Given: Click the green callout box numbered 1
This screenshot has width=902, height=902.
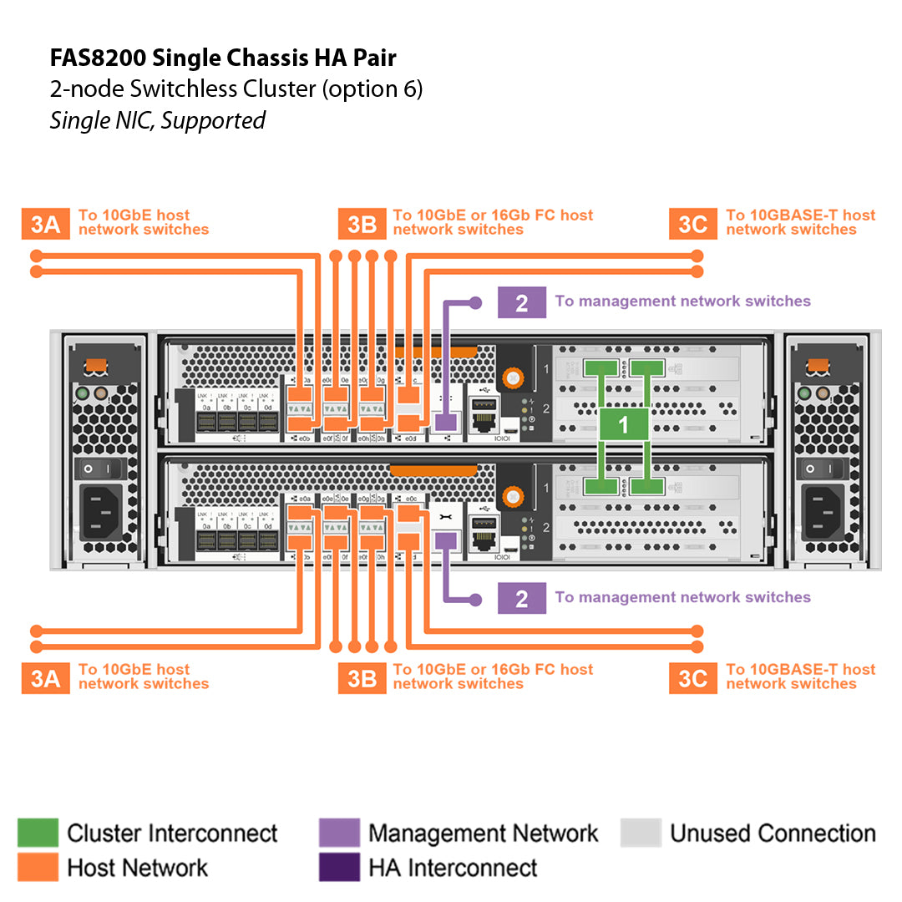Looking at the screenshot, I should pyautogui.click(x=623, y=425).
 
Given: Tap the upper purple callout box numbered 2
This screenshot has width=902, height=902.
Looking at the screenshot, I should pyautogui.click(x=521, y=302).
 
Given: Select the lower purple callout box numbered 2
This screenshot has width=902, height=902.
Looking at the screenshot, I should pyautogui.click(x=521, y=598).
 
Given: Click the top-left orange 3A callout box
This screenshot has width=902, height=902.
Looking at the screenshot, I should pyautogui.click(x=45, y=224).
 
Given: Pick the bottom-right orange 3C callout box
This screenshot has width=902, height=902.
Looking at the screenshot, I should pyautogui.click(x=692, y=678).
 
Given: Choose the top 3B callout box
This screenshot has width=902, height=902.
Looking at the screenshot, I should pyautogui.click(x=362, y=224).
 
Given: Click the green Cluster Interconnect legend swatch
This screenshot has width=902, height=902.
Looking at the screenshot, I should pyautogui.click(x=38, y=833).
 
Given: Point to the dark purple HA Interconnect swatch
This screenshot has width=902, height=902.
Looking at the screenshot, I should pyautogui.click(x=339, y=867).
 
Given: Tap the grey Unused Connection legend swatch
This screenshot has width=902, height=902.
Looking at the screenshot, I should pyautogui.click(x=641, y=833).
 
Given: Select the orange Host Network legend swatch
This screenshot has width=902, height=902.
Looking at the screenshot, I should pyautogui.click(x=38, y=867).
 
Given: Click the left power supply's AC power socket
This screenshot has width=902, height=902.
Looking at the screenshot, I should pyautogui.click(x=102, y=509).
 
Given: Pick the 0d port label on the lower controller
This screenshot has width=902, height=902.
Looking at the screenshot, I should pyautogui.click(x=267, y=526).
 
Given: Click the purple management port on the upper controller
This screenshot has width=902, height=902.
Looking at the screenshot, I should pyautogui.click(x=445, y=422).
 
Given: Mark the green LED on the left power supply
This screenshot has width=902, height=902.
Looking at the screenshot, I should pyautogui.click(x=82, y=393).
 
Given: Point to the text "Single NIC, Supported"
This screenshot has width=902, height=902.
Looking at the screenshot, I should pyautogui.click(x=157, y=120).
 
